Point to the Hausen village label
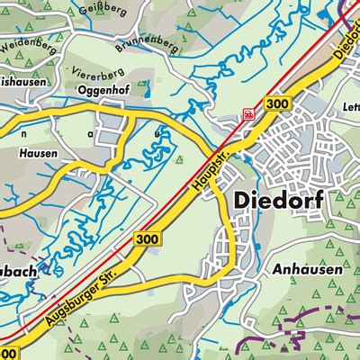coord(37,154)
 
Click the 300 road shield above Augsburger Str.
coord(147,238)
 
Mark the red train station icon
coord(248,114)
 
